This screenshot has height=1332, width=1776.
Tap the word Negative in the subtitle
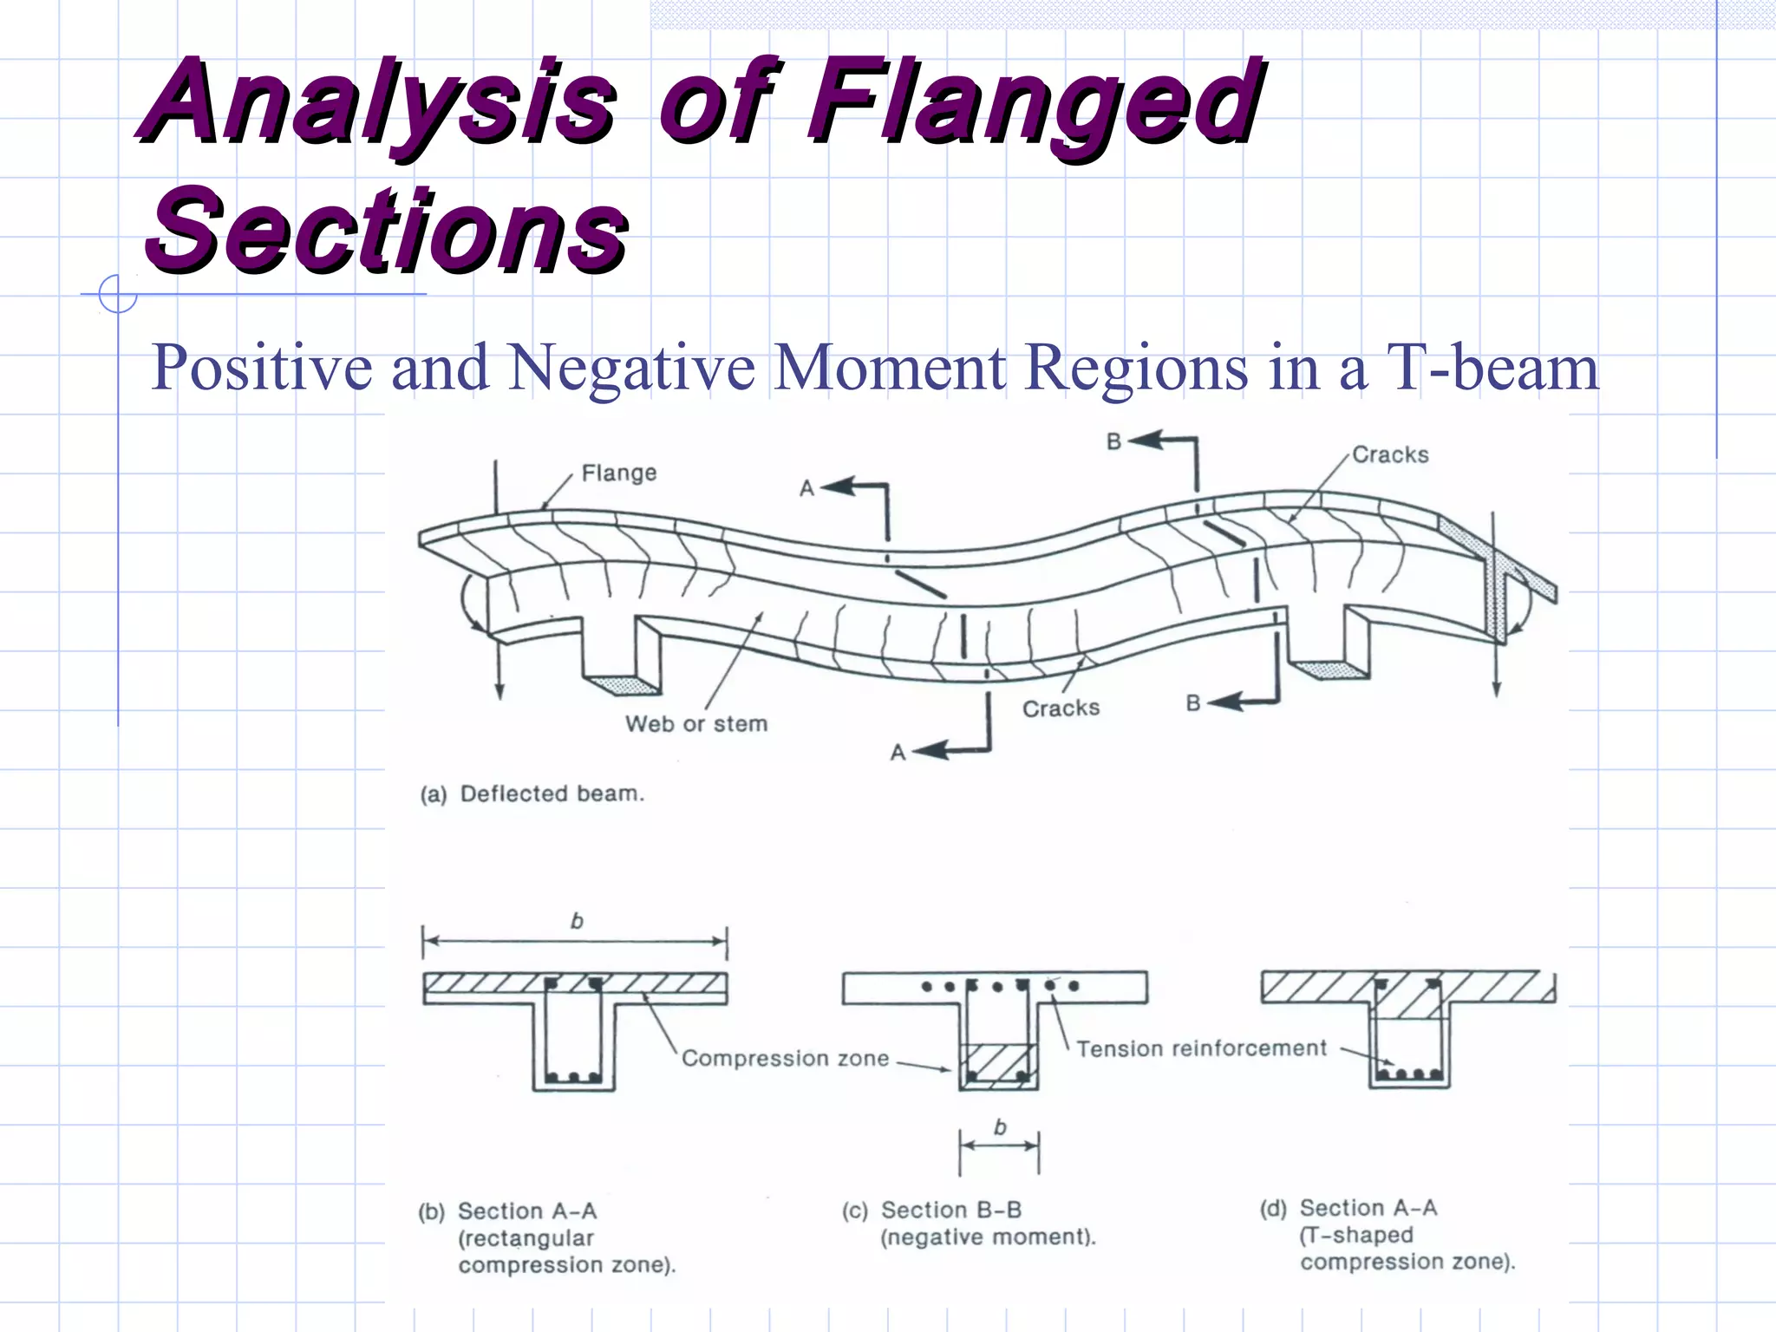click(631, 368)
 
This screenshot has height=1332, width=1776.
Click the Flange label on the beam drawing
click(618, 473)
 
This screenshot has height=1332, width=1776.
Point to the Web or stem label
click(696, 724)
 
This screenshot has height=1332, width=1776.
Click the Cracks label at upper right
click(1389, 455)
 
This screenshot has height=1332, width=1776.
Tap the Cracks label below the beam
click(1060, 708)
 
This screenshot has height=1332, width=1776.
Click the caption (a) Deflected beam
click(532, 794)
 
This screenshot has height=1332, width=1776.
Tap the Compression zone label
click(785, 1059)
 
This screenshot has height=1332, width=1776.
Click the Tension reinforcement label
click(1201, 1049)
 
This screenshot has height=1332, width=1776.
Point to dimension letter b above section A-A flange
click(577, 921)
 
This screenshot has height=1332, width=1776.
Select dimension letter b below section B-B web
click(1000, 1127)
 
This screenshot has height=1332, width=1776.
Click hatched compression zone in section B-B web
click(997, 1065)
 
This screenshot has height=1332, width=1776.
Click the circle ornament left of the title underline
click(117, 294)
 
